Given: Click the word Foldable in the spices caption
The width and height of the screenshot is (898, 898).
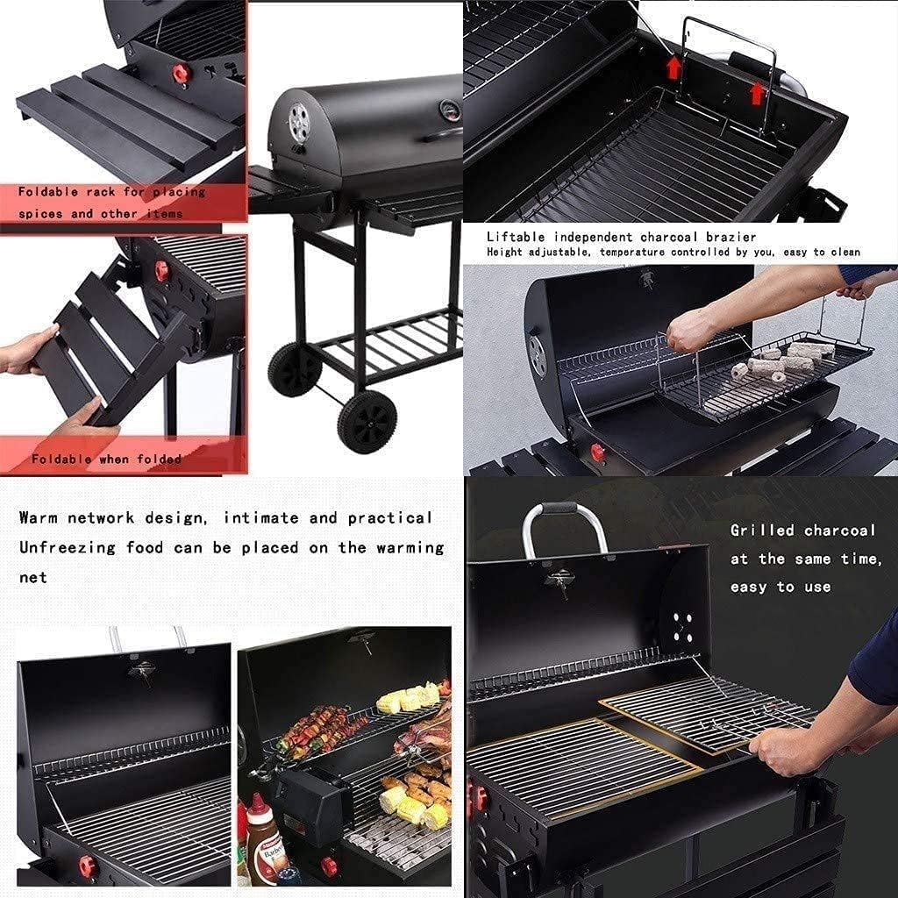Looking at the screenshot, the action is coord(48,192).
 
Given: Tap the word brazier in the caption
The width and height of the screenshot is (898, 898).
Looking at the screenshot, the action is coord(731,237).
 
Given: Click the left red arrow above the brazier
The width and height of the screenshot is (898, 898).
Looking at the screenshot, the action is coord(673,67).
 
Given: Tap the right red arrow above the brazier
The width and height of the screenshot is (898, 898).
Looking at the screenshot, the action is coord(757,93).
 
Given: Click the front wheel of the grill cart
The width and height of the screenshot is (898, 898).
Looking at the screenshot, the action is coord(367,422).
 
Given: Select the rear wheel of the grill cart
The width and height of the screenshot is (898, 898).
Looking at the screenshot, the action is coord(295,369).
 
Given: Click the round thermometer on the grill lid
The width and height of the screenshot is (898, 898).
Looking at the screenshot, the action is coord(450,110).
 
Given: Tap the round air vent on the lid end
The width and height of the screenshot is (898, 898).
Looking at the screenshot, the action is coord(299,123).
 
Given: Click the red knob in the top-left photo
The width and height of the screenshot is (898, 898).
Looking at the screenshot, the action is coord(182,74).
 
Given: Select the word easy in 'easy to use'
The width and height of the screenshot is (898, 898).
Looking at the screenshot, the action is coord(749,588).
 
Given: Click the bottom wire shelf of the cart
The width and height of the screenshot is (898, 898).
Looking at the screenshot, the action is coord(389,344).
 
